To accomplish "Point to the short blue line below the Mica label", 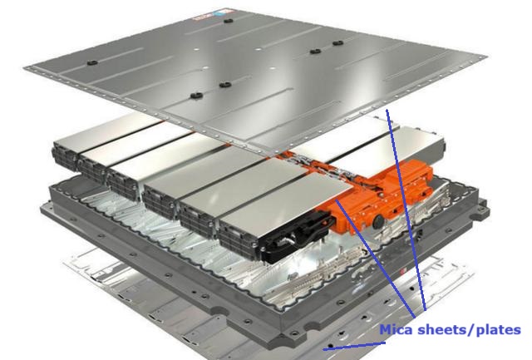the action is [354, 346].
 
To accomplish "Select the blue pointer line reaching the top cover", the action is [406, 210].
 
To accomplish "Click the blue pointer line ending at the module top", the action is [375, 259].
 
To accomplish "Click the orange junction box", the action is [377, 197].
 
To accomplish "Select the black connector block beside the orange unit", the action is [296, 238].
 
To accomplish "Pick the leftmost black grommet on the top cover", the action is [92, 62].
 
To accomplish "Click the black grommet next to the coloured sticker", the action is [227, 21].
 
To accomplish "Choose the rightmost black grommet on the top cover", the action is [337, 43].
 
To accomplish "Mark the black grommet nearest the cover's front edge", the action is [196, 96].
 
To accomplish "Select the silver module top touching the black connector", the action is [285, 200].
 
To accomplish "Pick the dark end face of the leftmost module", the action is [65, 158].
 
